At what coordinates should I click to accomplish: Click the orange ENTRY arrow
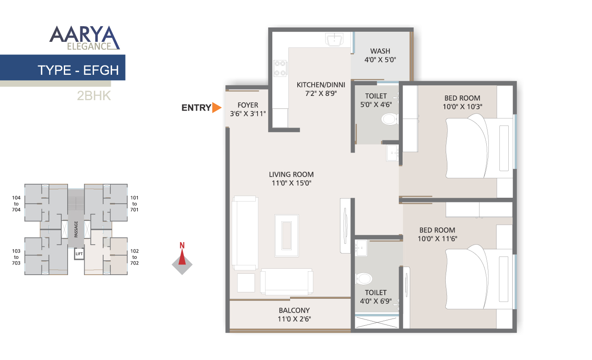tap(217, 108)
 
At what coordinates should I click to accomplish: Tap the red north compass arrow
tap(182, 257)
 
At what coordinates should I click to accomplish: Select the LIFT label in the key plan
tap(79, 254)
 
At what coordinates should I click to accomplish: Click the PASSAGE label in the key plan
tap(76, 229)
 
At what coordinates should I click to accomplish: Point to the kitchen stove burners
tap(280, 68)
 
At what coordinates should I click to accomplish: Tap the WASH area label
tap(380, 51)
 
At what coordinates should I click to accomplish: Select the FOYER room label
tap(248, 105)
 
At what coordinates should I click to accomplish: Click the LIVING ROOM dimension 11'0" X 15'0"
tap(291, 183)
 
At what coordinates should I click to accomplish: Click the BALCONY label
tap(294, 310)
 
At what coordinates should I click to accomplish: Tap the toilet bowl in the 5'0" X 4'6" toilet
tap(389, 119)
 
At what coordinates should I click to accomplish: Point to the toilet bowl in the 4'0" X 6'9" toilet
tap(364, 278)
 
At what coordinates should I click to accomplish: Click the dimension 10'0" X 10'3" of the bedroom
tap(462, 107)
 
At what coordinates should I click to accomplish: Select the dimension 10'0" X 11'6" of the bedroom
tap(437, 239)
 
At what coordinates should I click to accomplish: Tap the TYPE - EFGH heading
tap(78, 70)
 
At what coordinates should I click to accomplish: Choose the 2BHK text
tap(94, 96)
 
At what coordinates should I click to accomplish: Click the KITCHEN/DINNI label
tap(321, 85)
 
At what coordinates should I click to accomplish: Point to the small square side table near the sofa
tap(246, 283)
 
